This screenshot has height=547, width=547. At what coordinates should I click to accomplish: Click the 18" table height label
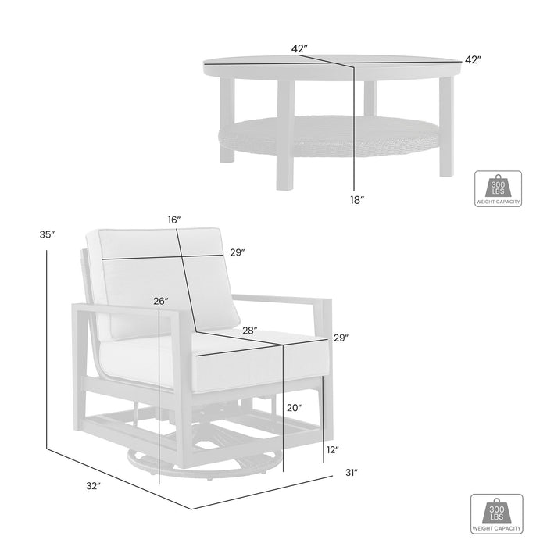357,201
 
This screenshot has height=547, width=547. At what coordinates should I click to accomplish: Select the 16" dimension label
174,221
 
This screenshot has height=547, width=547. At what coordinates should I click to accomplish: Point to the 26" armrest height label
160,301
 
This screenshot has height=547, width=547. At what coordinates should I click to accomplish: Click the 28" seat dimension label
250,331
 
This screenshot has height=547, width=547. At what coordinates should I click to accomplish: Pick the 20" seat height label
294,406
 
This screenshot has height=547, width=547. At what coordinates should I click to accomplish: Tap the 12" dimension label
332,449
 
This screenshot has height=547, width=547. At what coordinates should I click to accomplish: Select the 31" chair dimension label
352,472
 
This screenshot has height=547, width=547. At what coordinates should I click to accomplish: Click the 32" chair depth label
94,486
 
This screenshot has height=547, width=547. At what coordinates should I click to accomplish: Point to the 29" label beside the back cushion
238,252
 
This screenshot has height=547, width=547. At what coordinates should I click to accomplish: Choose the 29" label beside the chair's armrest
341,338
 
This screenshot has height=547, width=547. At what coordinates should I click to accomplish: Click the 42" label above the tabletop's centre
299,48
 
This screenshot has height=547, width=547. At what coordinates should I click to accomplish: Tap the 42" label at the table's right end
472,59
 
